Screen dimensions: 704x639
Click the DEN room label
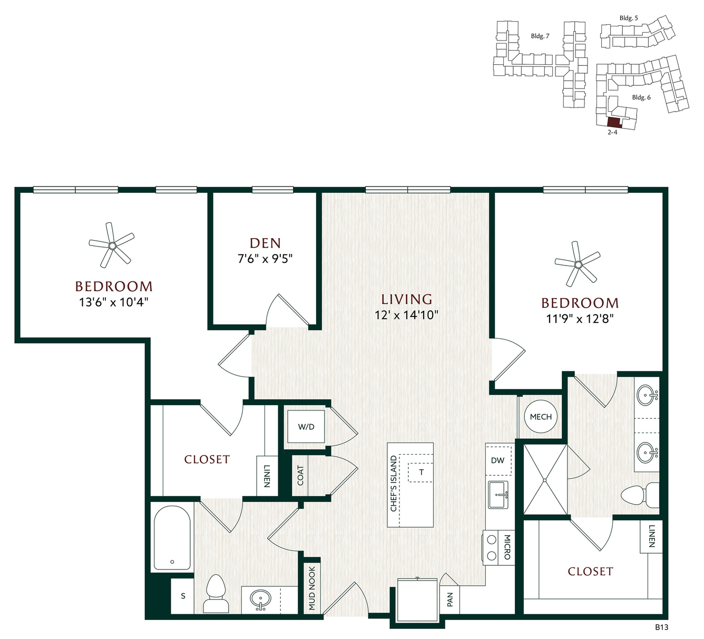click(x=265, y=243)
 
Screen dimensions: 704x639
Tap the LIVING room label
click(x=407, y=299)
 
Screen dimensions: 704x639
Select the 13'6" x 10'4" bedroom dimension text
click(x=114, y=302)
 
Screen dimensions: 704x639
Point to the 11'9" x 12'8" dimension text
click(x=580, y=319)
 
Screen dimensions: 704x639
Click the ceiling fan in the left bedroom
click(x=112, y=245)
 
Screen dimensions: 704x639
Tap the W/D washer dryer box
click(x=306, y=427)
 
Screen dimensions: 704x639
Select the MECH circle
click(x=541, y=417)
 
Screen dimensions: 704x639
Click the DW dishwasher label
click(x=497, y=460)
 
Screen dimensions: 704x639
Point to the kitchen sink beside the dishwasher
click(x=498, y=495)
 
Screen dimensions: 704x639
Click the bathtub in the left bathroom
click(x=172, y=537)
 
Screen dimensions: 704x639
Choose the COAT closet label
click(x=300, y=476)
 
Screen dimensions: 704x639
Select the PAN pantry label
click(x=450, y=599)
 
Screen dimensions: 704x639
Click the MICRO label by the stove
click(x=507, y=547)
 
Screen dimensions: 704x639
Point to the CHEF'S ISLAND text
click(x=394, y=484)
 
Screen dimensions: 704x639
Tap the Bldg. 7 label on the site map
click(x=540, y=36)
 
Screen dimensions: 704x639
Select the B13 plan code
click(x=661, y=627)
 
